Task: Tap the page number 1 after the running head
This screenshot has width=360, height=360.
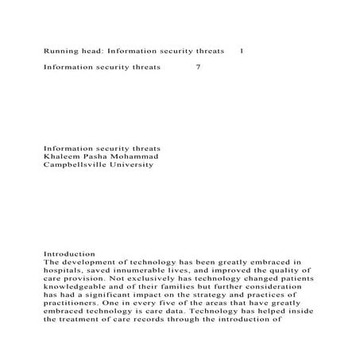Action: (x=242, y=51)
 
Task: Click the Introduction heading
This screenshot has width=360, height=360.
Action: (x=69, y=253)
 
